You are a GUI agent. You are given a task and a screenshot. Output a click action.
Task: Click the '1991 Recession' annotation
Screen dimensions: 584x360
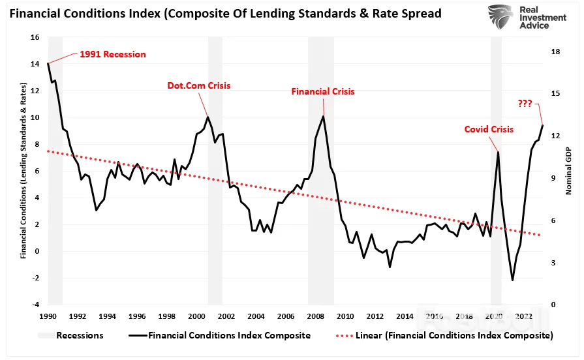[113, 54]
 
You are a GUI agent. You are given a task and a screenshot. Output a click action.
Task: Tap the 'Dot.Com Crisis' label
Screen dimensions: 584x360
[199, 85]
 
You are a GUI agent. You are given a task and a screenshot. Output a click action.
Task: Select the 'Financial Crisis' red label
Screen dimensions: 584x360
[323, 91]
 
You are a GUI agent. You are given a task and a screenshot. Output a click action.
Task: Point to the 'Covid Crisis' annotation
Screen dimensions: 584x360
[489, 129]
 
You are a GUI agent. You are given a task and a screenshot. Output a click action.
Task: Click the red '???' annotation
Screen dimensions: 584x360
[525, 104]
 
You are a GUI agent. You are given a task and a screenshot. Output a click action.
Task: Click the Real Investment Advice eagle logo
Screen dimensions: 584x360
[501, 17]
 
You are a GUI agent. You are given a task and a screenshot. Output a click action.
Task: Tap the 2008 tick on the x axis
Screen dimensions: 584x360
[315, 316]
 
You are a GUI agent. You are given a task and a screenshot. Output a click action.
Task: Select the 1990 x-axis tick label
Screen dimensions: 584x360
[48, 316]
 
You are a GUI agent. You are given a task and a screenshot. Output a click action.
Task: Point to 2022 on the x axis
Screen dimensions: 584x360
[524, 316]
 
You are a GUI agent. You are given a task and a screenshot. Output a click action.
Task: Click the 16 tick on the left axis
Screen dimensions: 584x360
[35, 37]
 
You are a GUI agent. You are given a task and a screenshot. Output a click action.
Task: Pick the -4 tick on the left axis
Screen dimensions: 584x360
[35, 305]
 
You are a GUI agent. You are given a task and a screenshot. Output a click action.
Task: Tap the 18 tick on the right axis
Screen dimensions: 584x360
[555, 52]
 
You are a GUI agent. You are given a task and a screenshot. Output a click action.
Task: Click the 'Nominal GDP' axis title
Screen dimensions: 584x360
[568, 171]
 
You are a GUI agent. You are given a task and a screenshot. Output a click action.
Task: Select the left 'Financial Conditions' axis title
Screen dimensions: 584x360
[23, 170]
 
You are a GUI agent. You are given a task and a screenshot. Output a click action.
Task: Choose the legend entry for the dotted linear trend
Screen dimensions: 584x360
[444, 335]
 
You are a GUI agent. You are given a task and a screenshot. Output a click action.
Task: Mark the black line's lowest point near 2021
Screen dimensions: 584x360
[512, 280]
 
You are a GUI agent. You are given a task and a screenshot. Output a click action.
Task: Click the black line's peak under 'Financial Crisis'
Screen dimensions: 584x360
[323, 116]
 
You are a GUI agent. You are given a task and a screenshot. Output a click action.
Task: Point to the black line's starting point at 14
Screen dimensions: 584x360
[48, 64]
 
